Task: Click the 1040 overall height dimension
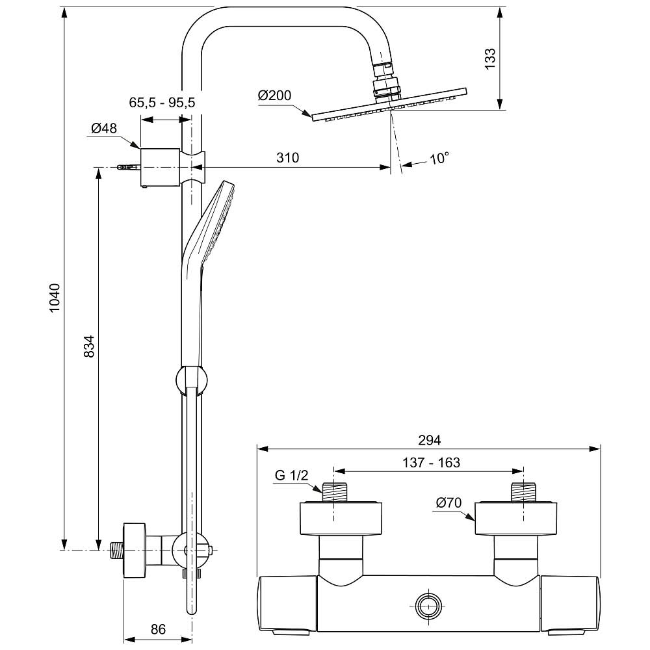tap(55, 298)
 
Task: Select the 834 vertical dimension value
tap(89, 346)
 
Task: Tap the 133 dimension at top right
tap(489, 59)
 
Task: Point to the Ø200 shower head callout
tap(274, 96)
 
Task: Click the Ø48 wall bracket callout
tap(104, 128)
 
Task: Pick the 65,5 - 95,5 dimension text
tap(162, 102)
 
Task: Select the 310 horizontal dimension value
tap(287, 157)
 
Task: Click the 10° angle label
tap(439, 158)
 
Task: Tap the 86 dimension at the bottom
tap(158, 629)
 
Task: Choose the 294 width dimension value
tap(429, 440)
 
